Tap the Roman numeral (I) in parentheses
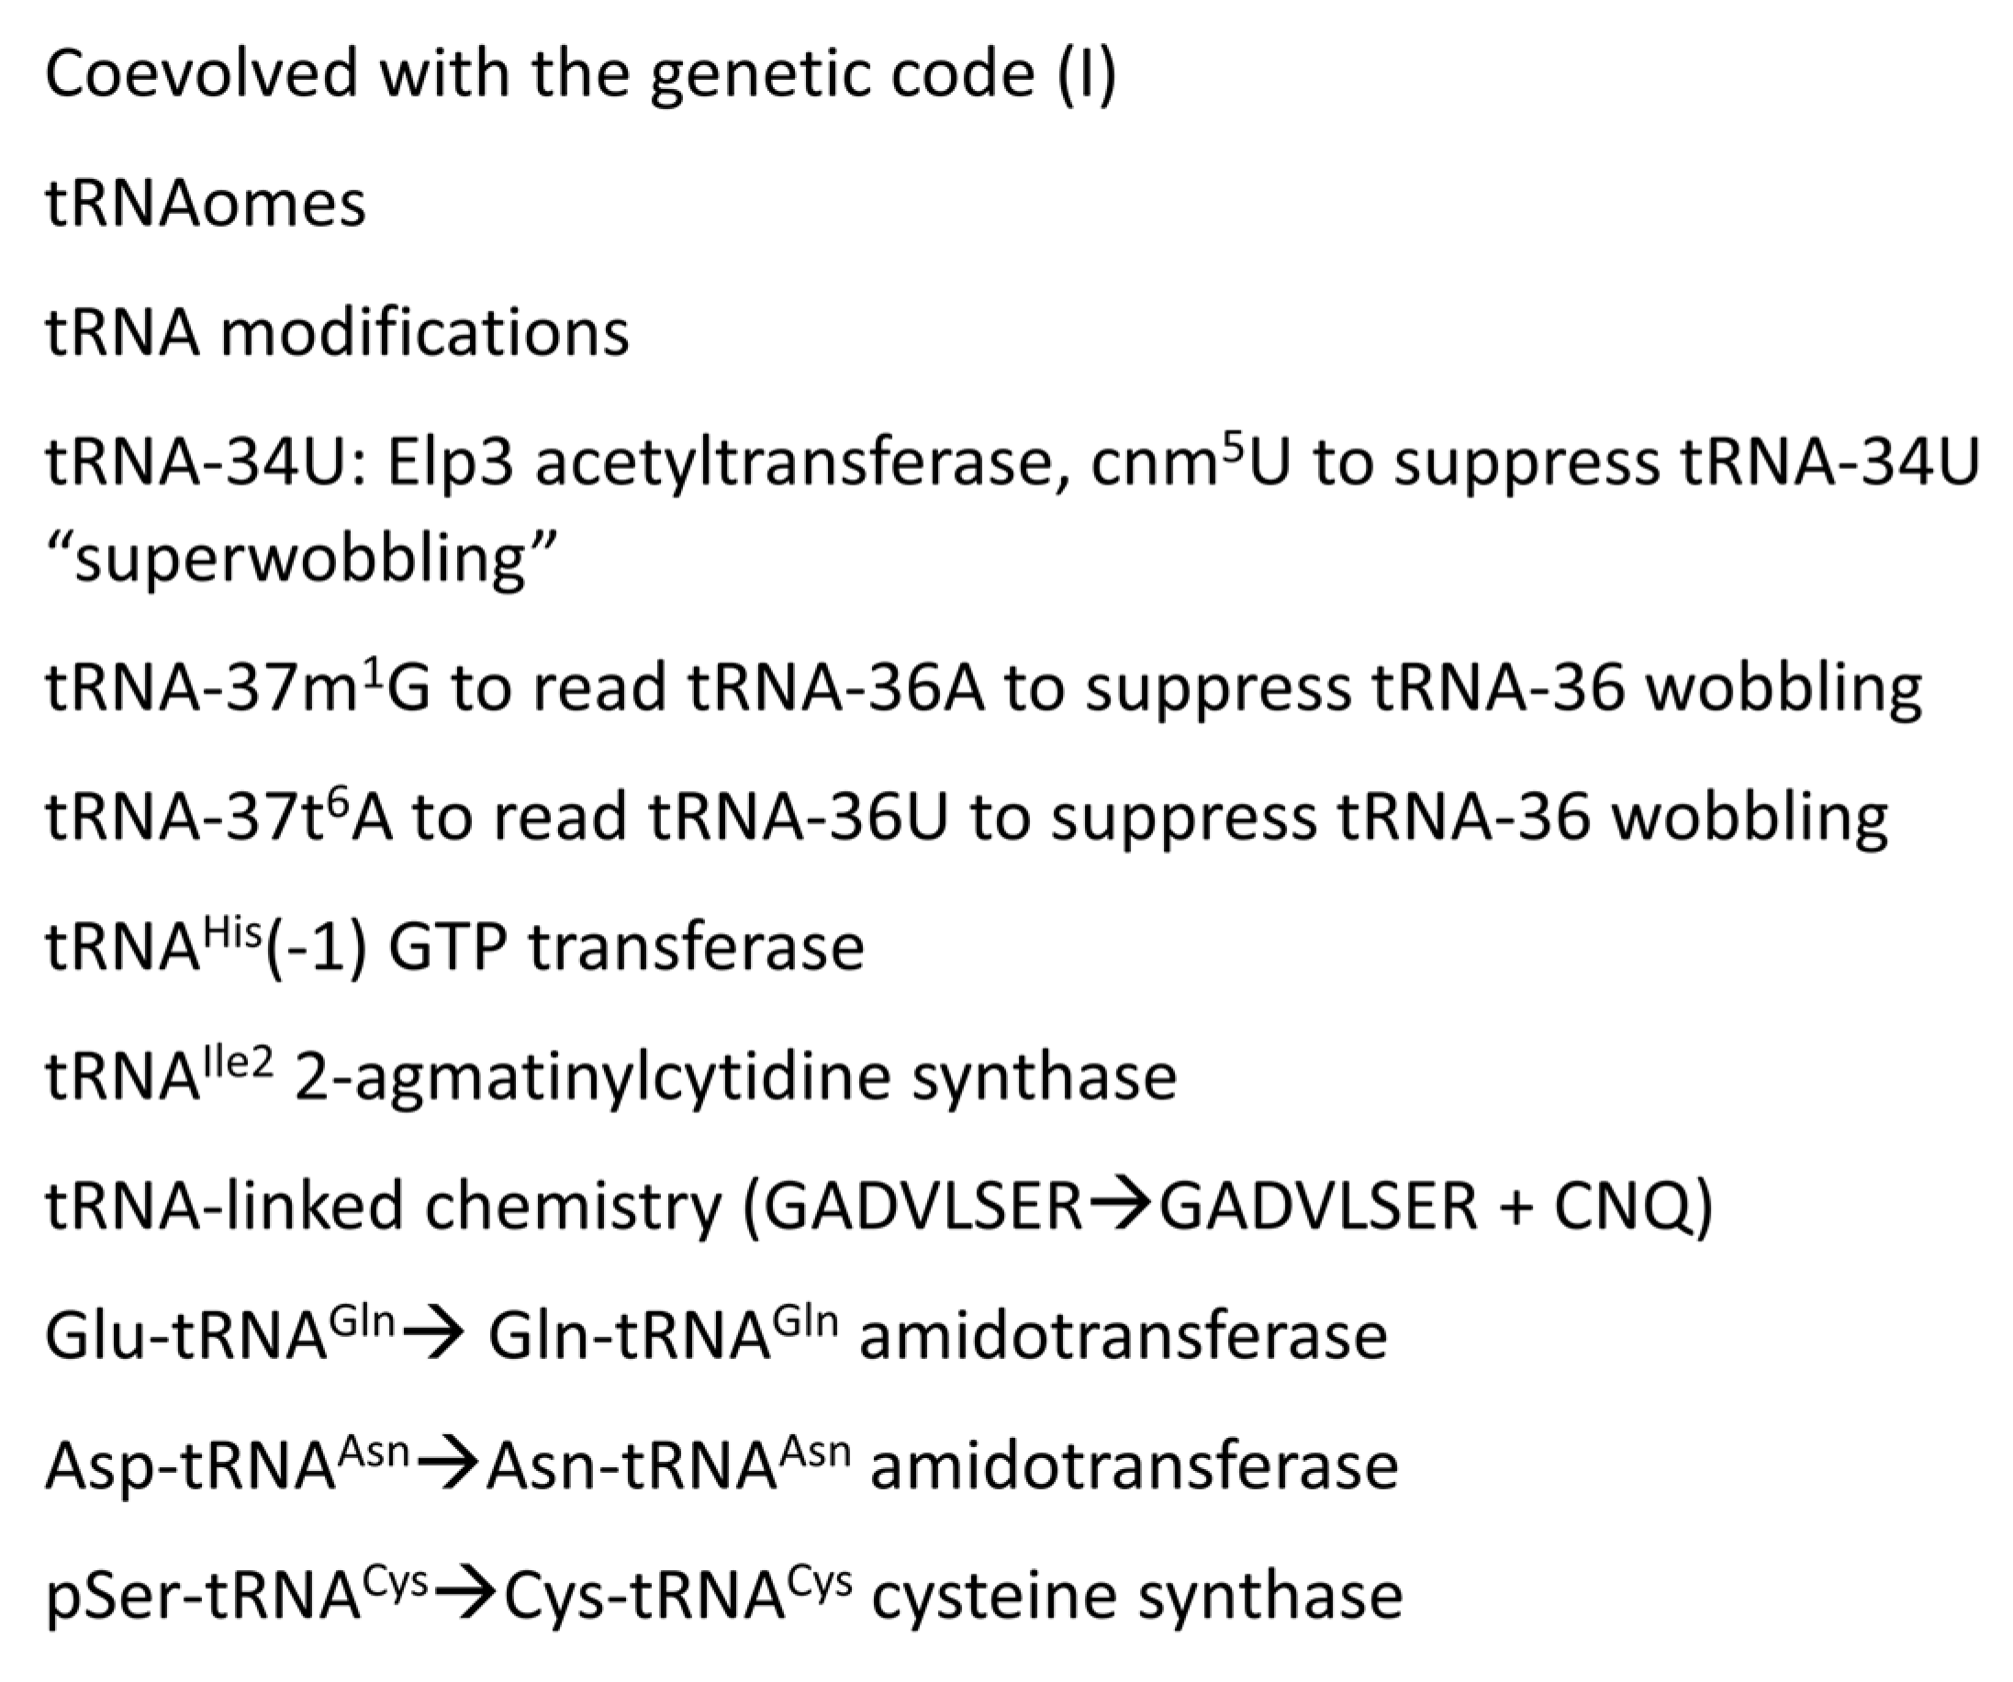point(1086,73)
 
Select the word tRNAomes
point(205,204)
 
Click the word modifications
point(425,332)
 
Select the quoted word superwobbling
point(301,559)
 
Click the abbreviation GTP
point(447,948)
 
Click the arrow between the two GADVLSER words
point(1121,1207)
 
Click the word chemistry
point(572,1207)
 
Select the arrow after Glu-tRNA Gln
point(431,1336)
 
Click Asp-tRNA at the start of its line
point(190,1465)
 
